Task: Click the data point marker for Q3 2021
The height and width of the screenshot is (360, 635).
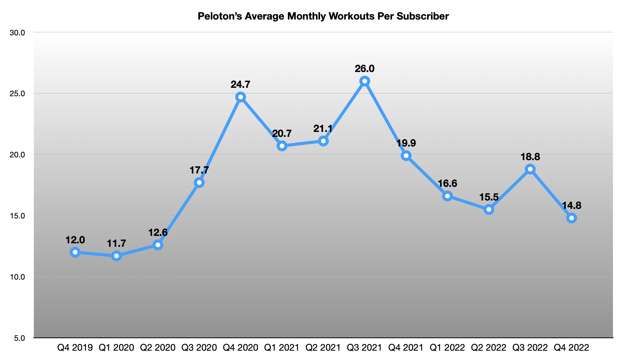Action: click(365, 81)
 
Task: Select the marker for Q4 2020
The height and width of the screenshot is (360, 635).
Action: click(241, 97)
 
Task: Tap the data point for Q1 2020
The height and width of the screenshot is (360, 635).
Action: click(116, 256)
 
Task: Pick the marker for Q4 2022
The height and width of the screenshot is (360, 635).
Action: click(571, 218)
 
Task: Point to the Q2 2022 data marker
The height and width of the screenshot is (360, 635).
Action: click(489, 210)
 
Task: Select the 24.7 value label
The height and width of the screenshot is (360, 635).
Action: click(241, 84)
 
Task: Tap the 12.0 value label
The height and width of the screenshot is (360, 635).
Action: click(75, 240)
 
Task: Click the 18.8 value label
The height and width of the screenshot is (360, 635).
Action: click(530, 157)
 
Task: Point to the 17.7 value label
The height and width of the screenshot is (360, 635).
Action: click(199, 170)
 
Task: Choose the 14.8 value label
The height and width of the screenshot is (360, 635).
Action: click(571, 205)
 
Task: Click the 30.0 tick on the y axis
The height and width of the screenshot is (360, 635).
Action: click(19, 33)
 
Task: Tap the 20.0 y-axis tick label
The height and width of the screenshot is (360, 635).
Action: click(19, 155)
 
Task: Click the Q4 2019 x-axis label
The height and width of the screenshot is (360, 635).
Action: click(75, 348)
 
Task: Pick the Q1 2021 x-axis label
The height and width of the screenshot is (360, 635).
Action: click(282, 348)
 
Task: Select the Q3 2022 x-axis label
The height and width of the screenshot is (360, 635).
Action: click(530, 348)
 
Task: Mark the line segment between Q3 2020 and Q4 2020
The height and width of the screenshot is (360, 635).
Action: click(220, 140)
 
